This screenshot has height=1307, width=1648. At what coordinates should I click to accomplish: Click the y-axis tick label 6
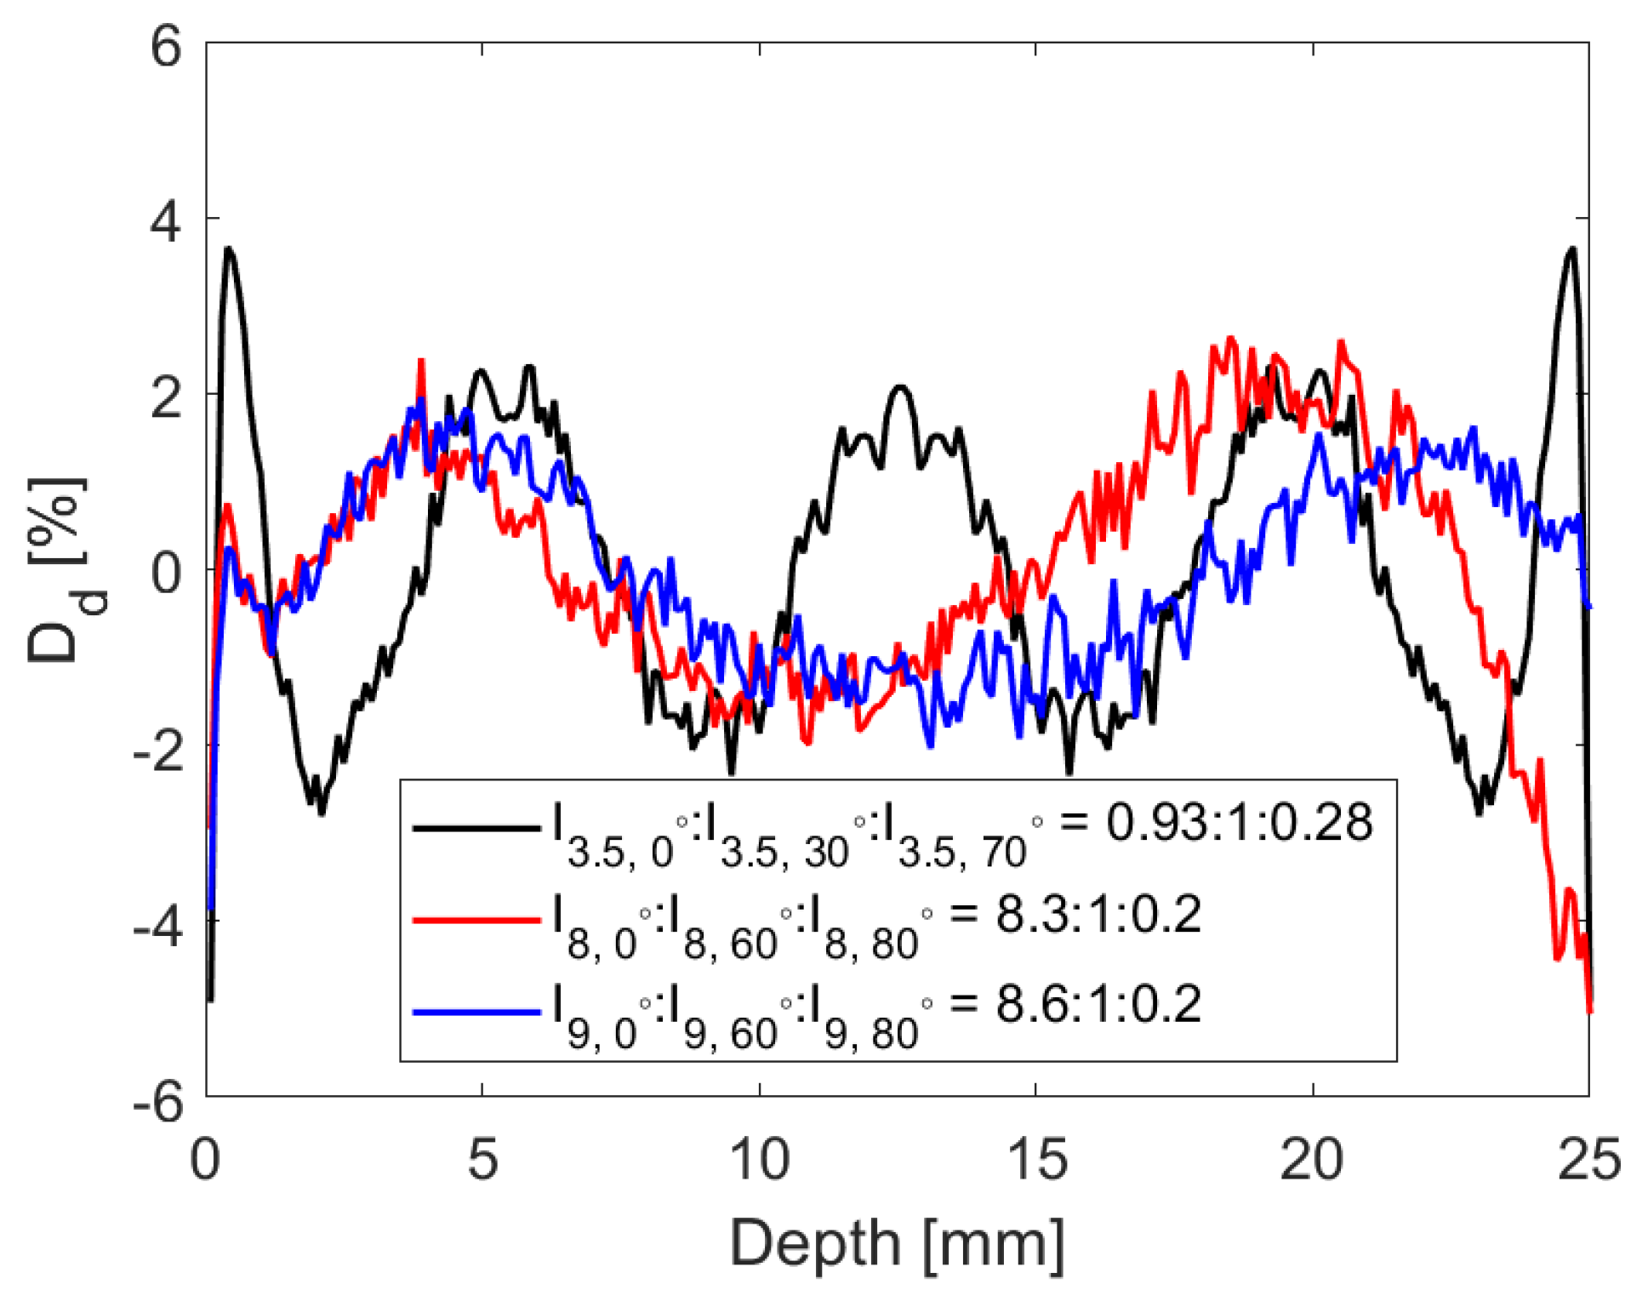(166, 47)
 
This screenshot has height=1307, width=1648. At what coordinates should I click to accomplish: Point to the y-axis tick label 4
(166, 223)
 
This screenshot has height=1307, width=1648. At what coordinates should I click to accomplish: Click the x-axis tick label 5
(482, 1159)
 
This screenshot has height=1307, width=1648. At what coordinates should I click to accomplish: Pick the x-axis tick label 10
(759, 1159)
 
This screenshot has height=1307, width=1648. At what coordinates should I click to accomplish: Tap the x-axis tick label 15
(1035, 1159)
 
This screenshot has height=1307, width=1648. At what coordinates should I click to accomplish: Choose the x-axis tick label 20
(1312, 1159)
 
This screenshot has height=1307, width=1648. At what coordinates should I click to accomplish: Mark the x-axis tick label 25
(1588, 1159)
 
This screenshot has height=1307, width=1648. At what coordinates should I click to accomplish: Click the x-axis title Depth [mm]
(897, 1244)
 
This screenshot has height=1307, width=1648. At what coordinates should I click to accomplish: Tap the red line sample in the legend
(476, 920)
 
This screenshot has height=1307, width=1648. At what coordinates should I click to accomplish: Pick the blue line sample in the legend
(476, 1012)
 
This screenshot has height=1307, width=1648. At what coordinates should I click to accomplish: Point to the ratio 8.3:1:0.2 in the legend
(1098, 915)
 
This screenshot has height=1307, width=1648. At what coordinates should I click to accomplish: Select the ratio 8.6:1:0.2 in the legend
(1098, 1004)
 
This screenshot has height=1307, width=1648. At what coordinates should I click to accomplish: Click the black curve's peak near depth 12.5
(900, 387)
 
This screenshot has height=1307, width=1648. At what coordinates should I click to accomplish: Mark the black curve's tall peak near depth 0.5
(229, 248)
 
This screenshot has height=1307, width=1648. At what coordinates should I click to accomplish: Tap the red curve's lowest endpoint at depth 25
(1588, 1009)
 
